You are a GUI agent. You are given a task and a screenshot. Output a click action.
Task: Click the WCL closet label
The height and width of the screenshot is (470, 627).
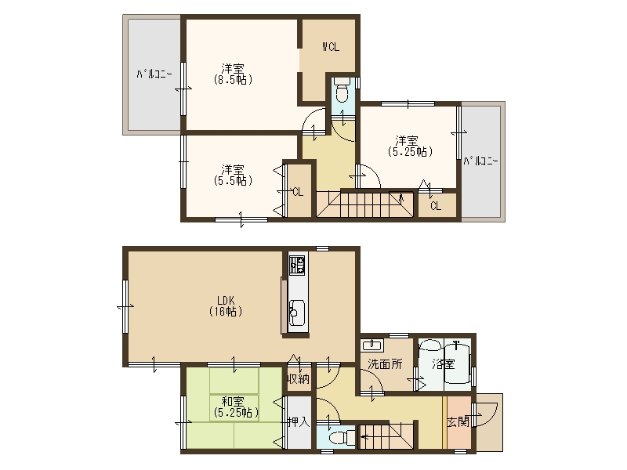pos(331,47)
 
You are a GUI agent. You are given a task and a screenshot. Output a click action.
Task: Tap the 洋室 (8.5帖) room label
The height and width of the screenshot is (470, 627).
pos(233,74)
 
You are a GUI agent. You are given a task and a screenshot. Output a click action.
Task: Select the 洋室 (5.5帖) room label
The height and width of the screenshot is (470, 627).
pos(233,175)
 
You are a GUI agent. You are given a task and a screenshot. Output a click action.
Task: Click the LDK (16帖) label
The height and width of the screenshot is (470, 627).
pos(226,305)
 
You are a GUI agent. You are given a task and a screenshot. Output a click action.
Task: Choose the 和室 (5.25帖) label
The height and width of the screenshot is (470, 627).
pos(236,407)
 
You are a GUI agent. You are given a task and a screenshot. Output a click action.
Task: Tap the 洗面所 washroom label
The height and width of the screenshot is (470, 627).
pos(385,364)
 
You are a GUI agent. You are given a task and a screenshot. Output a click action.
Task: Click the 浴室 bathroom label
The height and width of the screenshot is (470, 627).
pos(444,364)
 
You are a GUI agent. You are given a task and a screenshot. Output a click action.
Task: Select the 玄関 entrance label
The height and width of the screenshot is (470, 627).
pos(458,421)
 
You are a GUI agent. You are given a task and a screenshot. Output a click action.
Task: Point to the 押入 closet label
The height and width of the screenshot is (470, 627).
pos(299,421)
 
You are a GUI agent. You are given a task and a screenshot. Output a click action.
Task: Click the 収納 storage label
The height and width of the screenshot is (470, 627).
pos(299,378)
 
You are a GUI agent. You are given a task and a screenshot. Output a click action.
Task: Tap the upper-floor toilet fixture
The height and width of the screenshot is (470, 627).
pos(342,91)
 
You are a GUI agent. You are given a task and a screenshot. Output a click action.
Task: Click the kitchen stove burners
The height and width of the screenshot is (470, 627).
pos(297,266)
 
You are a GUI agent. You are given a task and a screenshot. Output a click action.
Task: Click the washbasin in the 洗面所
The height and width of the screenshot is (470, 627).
pos(371,345)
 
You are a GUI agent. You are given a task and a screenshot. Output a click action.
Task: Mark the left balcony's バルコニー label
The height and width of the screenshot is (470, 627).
pos(154,74)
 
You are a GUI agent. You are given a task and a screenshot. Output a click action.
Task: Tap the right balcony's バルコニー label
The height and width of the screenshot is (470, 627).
pos(481,161)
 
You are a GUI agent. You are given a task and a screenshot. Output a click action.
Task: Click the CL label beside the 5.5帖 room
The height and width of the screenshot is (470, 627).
pos(298,192)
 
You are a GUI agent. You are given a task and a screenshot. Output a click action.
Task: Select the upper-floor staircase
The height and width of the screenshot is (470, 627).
pos(365,204)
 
